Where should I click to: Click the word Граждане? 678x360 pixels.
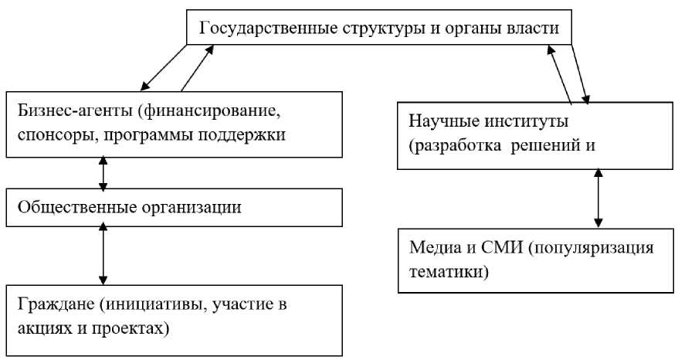[46, 302]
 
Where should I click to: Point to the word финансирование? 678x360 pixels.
[212, 107]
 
